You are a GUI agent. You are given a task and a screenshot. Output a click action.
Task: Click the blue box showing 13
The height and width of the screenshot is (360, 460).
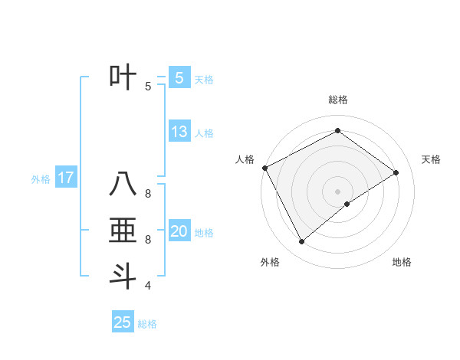pyautogui.click(x=179, y=132)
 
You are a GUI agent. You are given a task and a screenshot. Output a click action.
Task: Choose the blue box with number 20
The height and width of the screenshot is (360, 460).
pyautogui.click(x=179, y=231)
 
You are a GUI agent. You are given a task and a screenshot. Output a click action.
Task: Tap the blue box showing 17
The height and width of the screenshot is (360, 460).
pyautogui.click(x=66, y=178)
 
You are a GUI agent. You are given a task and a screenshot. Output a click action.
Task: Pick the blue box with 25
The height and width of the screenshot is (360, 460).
pyautogui.click(x=123, y=322)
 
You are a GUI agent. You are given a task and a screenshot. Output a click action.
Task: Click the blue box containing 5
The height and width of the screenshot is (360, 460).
pyautogui.click(x=179, y=77)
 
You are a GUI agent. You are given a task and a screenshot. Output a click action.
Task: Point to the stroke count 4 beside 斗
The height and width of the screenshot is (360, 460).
pyautogui.click(x=148, y=286)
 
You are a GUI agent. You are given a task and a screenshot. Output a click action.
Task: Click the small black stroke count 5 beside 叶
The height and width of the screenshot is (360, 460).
pyautogui.click(x=148, y=87)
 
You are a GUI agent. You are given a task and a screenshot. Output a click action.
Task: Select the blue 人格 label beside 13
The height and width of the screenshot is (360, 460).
pyautogui.click(x=204, y=133)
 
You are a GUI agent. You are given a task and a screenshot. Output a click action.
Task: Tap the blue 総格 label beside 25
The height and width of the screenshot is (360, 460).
pyautogui.click(x=147, y=324)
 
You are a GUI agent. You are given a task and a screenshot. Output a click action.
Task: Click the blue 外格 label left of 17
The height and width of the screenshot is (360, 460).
pyautogui.click(x=41, y=180)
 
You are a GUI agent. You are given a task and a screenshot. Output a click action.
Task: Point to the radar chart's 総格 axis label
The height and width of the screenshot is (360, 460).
pyautogui.click(x=337, y=100)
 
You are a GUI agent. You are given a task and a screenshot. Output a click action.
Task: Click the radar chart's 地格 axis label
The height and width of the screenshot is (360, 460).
pyautogui.click(x=402, y=262)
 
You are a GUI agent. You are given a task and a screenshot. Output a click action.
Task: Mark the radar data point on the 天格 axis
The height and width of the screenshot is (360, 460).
pyautogui.click(x=396, y=172)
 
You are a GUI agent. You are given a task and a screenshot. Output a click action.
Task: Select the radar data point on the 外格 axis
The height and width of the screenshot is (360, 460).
pyautogui.click(x=301, y=242)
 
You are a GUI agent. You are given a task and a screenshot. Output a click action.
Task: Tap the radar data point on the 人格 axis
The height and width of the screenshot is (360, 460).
pyautogui.click(x=264, y=168)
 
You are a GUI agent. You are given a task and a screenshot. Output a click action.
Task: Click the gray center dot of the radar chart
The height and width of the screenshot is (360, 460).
pyautogui.click(x=337, y=191)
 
